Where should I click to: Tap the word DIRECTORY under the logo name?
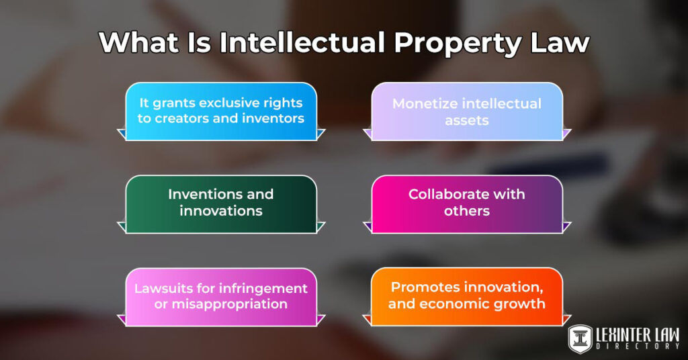[637, 346]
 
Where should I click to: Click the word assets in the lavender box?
[466, 120]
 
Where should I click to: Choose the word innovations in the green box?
[220, 211]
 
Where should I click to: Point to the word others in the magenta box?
[466, 211]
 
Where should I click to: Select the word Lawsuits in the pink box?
[161, 288]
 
